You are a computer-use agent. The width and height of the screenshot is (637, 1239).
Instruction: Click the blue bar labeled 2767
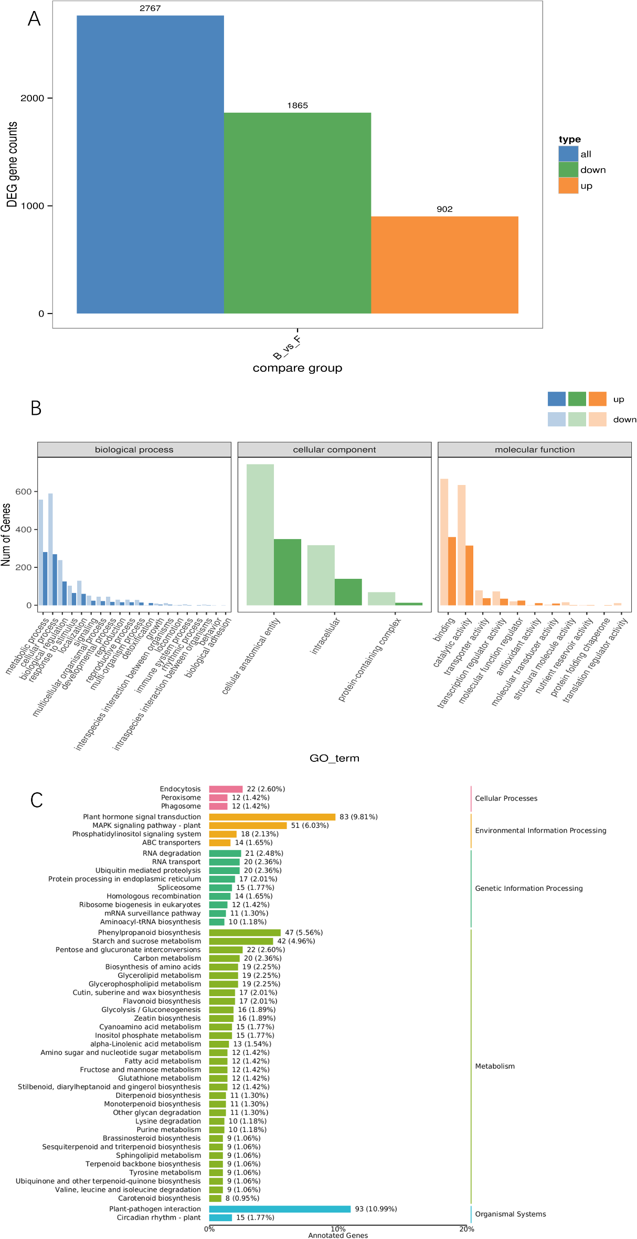150,164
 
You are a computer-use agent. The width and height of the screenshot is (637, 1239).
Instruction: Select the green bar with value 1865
297,213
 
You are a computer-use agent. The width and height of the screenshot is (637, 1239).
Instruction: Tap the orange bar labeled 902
444,264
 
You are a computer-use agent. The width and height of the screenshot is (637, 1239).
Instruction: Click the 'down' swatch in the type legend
568,170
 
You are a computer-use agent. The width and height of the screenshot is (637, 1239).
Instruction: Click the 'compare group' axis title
297,368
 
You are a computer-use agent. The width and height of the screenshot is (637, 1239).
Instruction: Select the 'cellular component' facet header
334,449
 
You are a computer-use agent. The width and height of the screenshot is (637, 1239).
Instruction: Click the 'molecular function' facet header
534,449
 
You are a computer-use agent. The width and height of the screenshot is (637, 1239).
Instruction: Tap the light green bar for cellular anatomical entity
260,534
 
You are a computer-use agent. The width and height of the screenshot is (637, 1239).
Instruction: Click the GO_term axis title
334,758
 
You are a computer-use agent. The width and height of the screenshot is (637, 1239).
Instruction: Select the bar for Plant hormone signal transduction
272,817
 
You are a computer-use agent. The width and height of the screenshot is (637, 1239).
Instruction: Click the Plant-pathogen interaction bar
280,1209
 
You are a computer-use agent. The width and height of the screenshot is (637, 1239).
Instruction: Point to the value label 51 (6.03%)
310,825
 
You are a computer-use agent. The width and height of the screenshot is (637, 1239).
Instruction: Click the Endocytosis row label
180,789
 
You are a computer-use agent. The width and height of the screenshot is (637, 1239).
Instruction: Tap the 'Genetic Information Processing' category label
528,888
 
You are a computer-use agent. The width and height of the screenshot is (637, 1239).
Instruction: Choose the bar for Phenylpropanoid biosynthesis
245,933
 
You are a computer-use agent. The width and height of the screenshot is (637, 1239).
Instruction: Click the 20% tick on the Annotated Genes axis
466,1229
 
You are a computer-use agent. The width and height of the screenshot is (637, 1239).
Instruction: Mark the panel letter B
36,408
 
